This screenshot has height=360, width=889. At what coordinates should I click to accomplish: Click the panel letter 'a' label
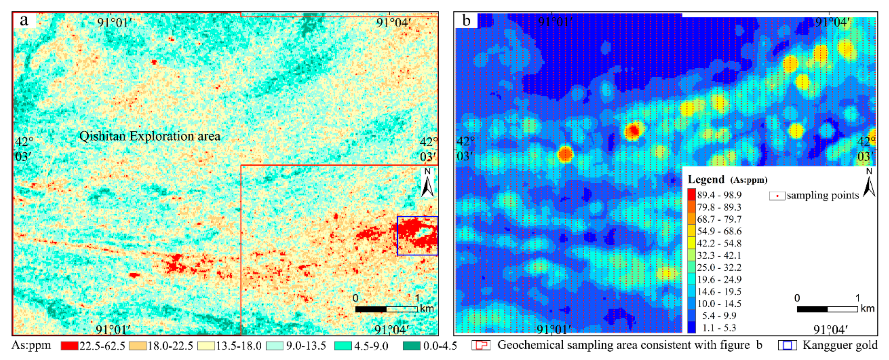24,20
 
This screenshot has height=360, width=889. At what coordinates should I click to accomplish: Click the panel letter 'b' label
466,20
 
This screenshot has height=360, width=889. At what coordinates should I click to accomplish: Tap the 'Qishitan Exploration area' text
150,136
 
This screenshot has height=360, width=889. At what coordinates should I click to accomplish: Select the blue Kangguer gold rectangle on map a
417,236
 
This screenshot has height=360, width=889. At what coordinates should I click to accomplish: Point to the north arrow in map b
869,183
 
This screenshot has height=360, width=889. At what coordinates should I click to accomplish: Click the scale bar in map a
386,309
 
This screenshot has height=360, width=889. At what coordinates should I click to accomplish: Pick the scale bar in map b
827,309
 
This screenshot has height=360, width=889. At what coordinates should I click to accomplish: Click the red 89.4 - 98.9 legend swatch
692,195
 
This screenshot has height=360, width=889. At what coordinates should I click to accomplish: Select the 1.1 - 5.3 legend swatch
692,328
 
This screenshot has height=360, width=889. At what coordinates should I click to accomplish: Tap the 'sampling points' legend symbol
777,196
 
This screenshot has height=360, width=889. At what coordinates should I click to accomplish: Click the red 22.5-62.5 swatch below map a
69,346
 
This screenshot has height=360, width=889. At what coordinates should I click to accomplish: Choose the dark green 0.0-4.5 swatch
411,346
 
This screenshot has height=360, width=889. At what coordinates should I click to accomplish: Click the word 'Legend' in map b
706,180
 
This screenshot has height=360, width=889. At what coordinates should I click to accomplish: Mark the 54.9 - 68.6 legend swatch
692,231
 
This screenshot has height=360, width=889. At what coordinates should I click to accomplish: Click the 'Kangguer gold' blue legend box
787,345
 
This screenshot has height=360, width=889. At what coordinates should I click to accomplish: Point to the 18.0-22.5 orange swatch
138,346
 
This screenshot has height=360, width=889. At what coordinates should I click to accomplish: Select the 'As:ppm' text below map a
31,345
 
